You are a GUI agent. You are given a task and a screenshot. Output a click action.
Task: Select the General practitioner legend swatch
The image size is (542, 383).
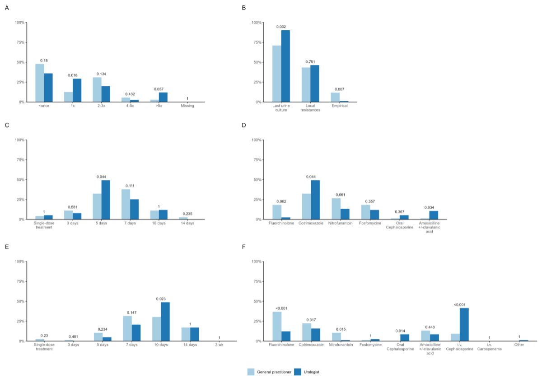[x=251, y=372]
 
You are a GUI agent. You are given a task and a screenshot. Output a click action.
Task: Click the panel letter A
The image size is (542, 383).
[x=6, y=8]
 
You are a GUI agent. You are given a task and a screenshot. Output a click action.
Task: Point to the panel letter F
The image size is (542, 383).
[x=244, y=247]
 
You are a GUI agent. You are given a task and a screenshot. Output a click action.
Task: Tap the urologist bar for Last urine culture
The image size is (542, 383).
[x=285, y=66]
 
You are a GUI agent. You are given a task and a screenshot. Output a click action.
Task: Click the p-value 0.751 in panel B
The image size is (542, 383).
[x=310, y=61]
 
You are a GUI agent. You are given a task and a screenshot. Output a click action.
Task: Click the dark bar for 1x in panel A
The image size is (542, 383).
[x=77, y=90]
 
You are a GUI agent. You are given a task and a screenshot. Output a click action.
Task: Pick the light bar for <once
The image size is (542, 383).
[x=40, y=83]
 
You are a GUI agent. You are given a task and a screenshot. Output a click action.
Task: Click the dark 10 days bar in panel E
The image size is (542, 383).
[x=165, y=322]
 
